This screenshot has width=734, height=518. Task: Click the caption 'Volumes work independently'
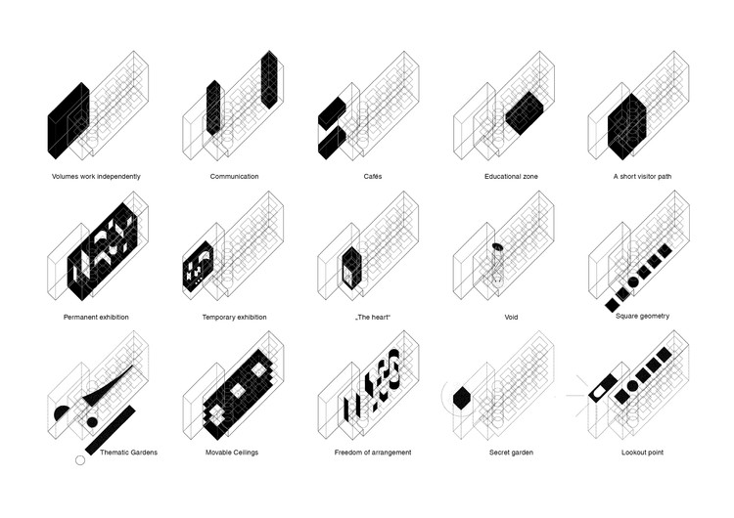coord(96,176)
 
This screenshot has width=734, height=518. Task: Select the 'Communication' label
coord(234,176)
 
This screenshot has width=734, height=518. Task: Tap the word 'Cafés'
coord(373,176)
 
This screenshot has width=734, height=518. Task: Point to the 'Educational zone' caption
coord(511,176)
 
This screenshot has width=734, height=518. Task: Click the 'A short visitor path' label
coord(642,176)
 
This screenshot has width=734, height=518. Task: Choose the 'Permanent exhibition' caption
coord(96,317)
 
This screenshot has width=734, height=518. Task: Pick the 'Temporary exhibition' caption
coord(234,317)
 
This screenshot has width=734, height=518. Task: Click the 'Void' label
coord(511,317)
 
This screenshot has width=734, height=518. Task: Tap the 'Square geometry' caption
coord(642,316)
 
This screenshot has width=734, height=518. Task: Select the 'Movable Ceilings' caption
coord(232,453)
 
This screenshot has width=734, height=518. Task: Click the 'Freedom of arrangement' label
coord(373,453)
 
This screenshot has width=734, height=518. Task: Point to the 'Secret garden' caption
coord(511,453)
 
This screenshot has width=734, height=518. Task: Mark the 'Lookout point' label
coord(642,453)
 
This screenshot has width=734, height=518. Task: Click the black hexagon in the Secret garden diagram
coord(462,398)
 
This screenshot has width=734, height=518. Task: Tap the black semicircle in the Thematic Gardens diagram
coord(63,412)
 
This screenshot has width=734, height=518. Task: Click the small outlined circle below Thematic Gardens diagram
coord(80,460)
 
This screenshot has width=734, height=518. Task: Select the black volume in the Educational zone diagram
coord(525,113)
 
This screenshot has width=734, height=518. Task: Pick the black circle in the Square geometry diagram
coord(632,281)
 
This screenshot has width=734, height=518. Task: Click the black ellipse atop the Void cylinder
coord(497,246)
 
